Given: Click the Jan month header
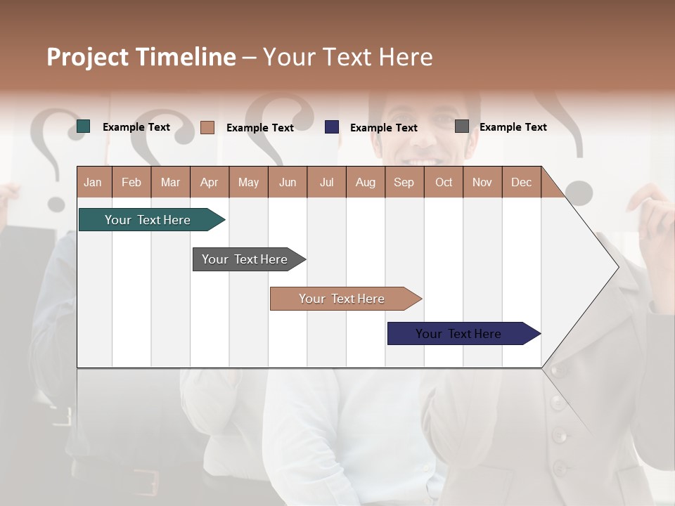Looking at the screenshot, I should pyautogui.click(x=93, y=182).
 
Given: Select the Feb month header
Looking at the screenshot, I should pyautogui.click(x=131, y=182).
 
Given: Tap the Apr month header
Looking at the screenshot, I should pyautogui.click(x=209, y=182).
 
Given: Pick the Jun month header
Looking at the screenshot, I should pyautogui.click(x=288, y=182).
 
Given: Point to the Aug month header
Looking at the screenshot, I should pyautogui.click(x=365, y=182).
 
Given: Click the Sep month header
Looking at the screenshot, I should pyautogui.click(x=404, y=182).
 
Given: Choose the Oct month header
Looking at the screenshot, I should pyautogui.click(x=444, y=182).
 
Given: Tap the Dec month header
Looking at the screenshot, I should pyautogui.click(x=521, y=182).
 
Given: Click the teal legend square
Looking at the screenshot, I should pyautogui.click(x=84, y=126).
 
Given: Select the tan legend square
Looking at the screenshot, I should pyautogui.click(x=207, y=127).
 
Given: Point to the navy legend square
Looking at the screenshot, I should pyautogui.click(x=332, y=126).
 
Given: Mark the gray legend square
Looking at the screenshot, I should pyautogui.click(x=462, y=126).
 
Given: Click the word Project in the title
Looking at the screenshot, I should pyautogui.click(x=88, y=57).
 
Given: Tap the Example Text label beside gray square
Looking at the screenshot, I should pyautogui.click(x=513, y=127).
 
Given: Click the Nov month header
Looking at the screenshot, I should pyautogui.click(x=482, y=182).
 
